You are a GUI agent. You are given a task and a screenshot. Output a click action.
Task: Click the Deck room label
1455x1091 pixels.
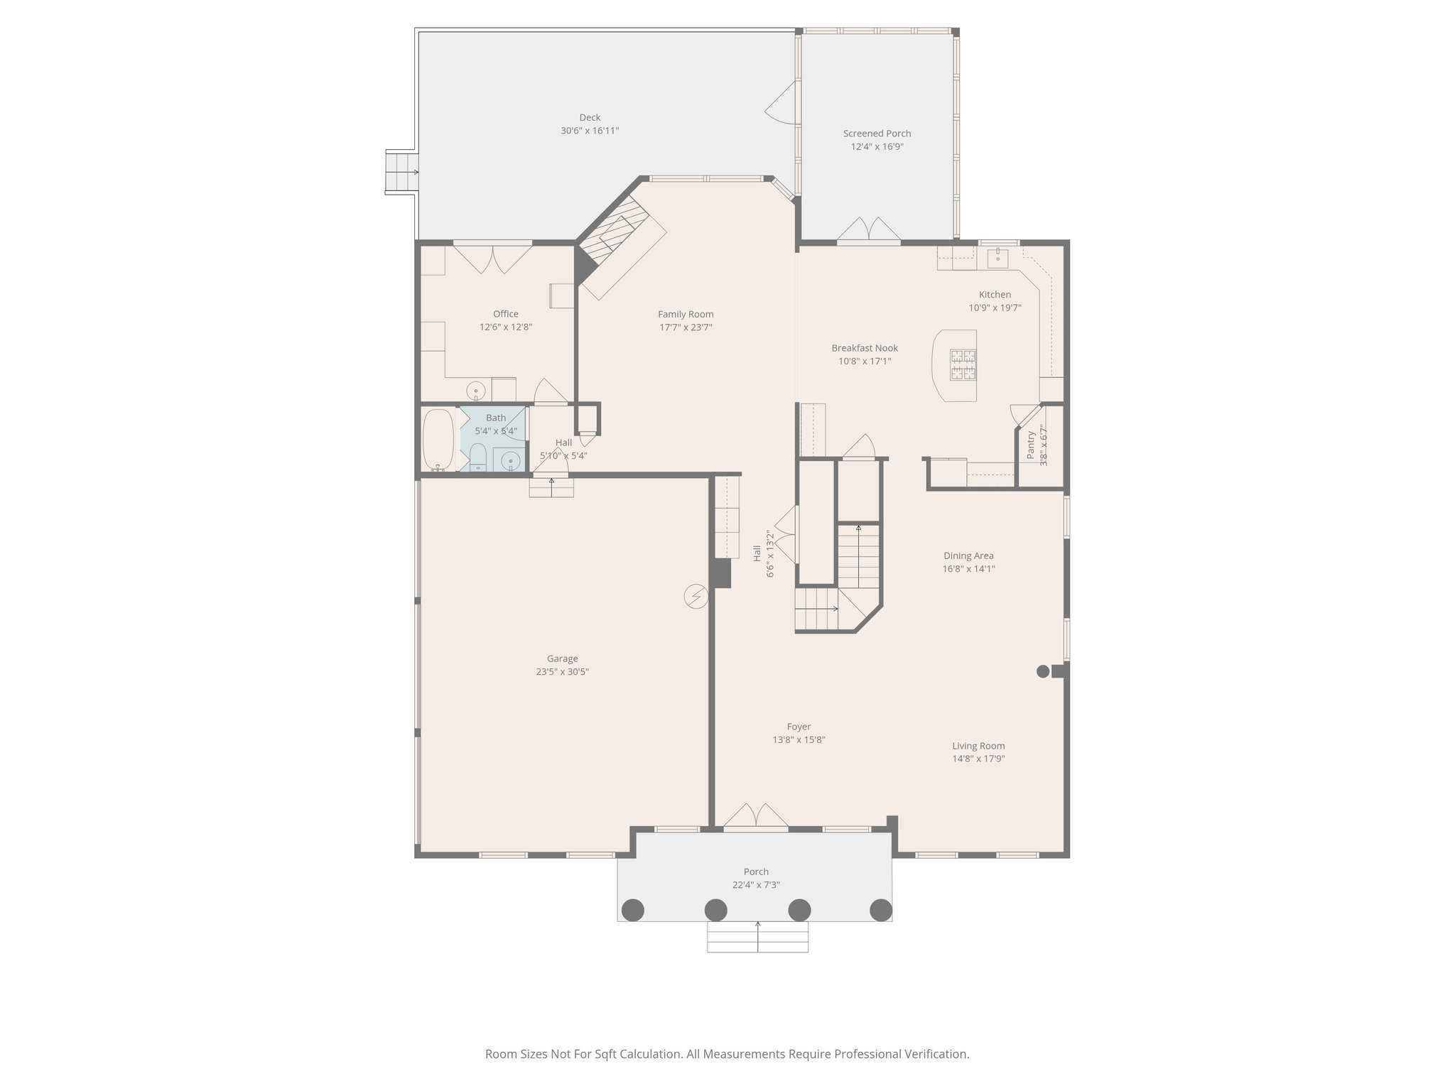590,118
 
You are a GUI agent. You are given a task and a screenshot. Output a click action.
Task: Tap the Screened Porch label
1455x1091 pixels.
877,134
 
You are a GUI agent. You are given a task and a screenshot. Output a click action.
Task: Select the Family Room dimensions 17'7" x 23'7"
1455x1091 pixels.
686,327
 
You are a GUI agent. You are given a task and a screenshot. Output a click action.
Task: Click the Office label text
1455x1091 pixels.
506,314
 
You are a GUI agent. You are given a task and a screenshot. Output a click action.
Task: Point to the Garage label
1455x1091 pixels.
562,658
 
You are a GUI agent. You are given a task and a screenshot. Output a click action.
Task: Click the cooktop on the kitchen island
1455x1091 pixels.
963,364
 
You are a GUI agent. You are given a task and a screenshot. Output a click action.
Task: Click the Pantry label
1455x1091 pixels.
1032,445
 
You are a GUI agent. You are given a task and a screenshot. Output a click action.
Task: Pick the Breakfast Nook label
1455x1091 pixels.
865,348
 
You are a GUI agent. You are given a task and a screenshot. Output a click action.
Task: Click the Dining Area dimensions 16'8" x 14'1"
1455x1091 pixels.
968,569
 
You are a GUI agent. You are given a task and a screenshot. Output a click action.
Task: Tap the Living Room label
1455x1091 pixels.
978,746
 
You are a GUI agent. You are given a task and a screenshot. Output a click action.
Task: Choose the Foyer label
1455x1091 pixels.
799,727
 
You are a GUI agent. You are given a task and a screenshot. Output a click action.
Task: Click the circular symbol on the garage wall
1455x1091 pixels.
696,597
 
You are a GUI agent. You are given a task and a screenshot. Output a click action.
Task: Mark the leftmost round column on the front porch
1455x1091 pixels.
632,909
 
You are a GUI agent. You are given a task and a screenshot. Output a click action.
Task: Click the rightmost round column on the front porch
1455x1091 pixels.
881,909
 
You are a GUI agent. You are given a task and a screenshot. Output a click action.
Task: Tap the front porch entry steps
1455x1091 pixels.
757,937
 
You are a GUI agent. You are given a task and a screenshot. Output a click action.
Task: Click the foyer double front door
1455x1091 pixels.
756,817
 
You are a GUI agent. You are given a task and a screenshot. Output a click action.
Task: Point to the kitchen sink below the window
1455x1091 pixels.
999,256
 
